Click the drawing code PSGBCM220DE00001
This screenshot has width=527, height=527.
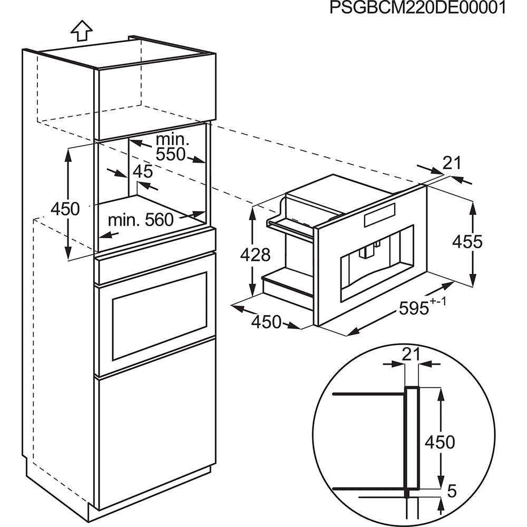tap(417, 8)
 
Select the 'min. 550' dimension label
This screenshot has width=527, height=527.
tap(171, 147)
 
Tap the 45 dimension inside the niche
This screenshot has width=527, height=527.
tap(142, 171)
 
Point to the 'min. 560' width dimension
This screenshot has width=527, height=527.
tap(141, 220)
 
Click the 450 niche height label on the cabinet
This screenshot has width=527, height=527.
tap(65, 209)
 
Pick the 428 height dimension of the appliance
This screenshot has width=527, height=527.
tap(255, 255)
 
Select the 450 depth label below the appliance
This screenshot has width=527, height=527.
tap(266, 321)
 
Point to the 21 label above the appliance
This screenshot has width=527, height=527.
tap(452, 164)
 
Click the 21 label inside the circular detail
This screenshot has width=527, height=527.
tap(411, 355)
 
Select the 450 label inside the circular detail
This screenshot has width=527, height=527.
tap(440, 442)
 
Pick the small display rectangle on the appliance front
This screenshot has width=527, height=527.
tap(379, 214)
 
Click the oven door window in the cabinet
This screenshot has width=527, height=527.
tap(159, 316)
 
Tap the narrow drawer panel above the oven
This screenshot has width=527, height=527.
tap(155, 255)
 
